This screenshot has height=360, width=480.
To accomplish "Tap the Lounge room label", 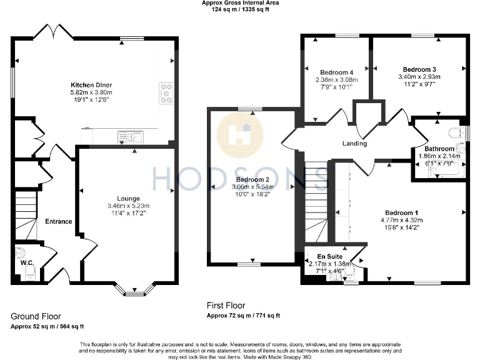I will (129, 198).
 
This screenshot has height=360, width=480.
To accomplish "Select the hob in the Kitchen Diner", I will (166, 92).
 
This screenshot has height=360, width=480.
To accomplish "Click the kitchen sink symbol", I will (129, 136).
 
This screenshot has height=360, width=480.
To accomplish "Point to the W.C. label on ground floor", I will (26, 262).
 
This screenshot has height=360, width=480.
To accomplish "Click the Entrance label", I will (58, 221).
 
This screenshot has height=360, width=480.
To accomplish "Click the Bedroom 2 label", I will (252, 179).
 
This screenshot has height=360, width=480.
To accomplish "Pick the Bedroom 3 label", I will (419, 69).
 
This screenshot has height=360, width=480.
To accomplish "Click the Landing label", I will (354, 144).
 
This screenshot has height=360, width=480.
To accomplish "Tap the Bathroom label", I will (439, 149).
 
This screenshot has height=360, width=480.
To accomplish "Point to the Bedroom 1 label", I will (402, 212).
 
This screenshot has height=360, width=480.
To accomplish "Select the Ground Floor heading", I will (36, 316).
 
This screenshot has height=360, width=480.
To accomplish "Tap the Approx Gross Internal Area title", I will (240, 3).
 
